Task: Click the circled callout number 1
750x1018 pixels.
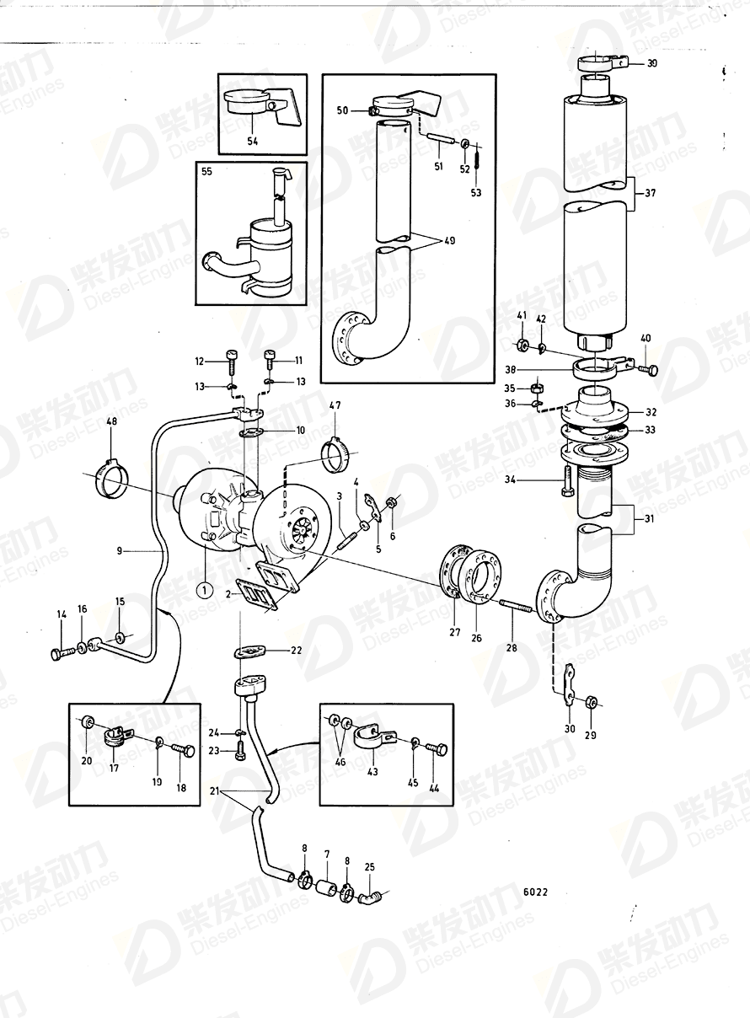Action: point(202,590)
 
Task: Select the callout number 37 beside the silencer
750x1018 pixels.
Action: point(649,193)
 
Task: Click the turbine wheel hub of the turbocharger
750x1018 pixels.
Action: point(300,533)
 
